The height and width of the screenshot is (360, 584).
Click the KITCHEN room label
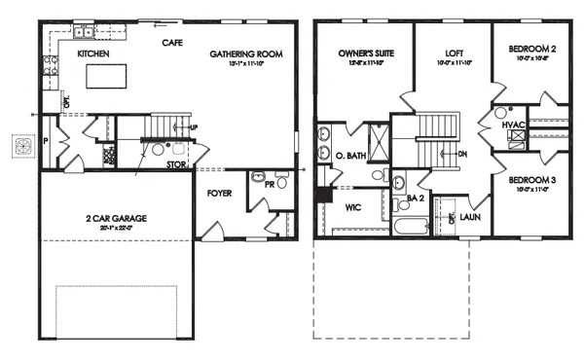click(92, 54)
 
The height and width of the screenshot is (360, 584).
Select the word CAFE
click(172, 42)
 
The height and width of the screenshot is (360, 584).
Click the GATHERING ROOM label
click(246, 54)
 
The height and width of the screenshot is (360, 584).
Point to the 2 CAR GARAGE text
click(115, 219)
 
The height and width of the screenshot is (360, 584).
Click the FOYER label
click(220, 193)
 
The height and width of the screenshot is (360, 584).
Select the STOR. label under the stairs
click(176, 165)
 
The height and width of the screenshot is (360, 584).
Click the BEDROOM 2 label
click(530, 49)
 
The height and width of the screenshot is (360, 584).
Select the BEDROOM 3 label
click(530, 181)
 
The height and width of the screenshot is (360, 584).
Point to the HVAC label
click(513, 125)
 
